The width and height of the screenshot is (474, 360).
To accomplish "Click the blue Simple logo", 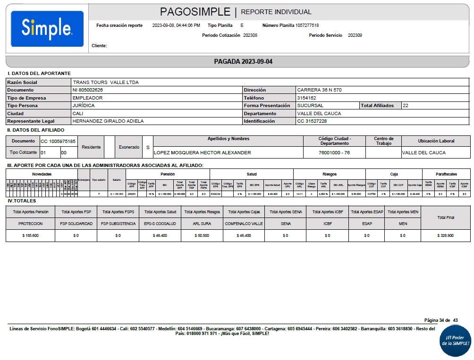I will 47,29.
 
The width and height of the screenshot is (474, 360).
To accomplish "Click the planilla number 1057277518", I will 307,25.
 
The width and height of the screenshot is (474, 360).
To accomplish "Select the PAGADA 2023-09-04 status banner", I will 243,62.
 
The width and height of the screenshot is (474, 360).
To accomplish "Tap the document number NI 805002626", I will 88,90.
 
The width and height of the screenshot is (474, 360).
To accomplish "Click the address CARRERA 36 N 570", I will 319,90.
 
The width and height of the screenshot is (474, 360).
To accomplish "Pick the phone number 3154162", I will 307,98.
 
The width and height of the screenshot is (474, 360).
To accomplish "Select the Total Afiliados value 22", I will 406,106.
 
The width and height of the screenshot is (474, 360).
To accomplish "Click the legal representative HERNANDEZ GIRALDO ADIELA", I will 108,121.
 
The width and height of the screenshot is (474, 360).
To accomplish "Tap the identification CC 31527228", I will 312,121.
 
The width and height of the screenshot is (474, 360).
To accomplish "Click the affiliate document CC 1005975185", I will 58,141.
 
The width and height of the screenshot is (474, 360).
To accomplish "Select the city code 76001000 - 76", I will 335,153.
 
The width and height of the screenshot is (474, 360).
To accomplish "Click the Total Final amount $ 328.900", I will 446,235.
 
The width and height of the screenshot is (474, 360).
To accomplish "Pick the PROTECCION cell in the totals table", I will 31,224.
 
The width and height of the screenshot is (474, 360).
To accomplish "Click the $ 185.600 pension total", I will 31,235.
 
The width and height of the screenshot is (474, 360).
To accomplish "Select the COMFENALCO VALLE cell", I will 244,224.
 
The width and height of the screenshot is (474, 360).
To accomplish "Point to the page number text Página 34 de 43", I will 441,320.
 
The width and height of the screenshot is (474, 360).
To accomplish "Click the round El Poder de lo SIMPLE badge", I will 455,341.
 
